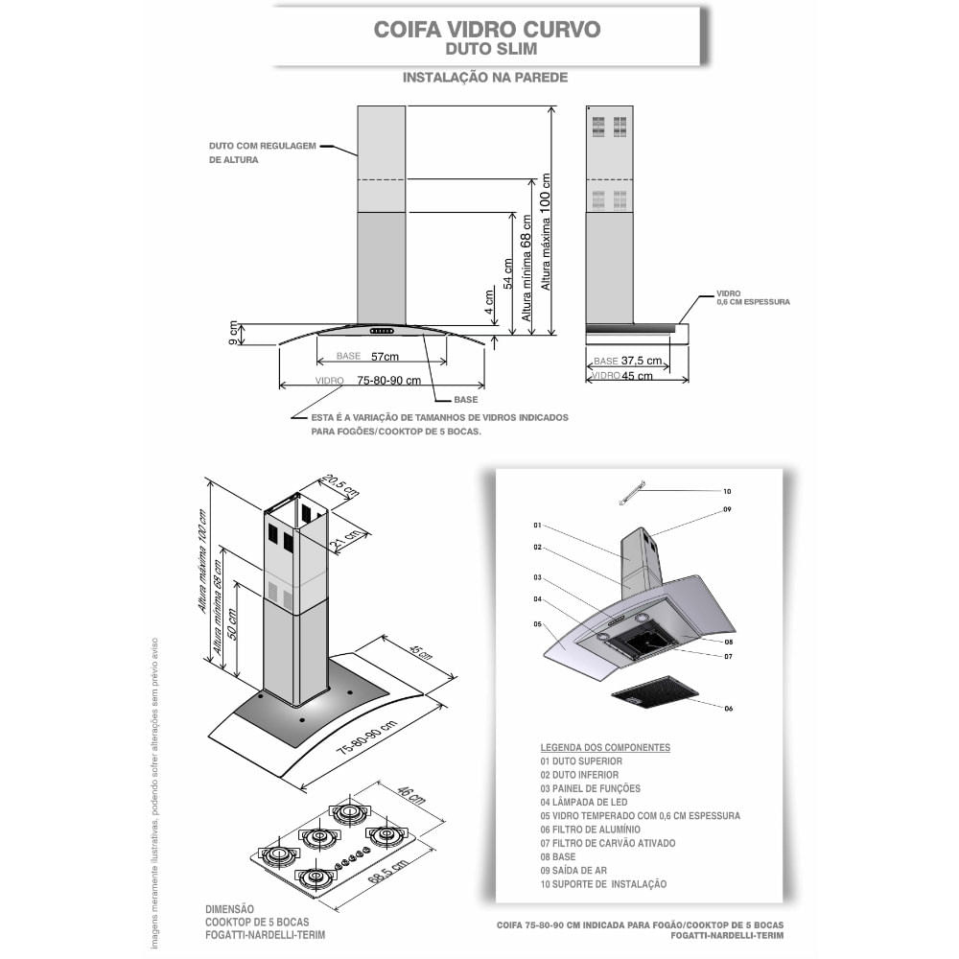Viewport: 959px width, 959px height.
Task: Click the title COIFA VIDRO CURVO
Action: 486,29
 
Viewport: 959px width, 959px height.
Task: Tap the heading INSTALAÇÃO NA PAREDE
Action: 485,76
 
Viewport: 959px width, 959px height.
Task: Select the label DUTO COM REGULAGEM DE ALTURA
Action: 262,153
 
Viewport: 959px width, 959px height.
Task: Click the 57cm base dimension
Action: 385,357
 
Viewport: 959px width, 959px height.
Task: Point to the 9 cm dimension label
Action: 233,335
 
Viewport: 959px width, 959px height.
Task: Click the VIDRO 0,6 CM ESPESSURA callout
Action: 753,298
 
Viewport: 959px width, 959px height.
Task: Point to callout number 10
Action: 727,491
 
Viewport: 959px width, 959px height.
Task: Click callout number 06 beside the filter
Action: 728,708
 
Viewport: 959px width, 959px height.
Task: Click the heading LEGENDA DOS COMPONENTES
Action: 605,747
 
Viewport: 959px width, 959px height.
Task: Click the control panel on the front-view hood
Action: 383,332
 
